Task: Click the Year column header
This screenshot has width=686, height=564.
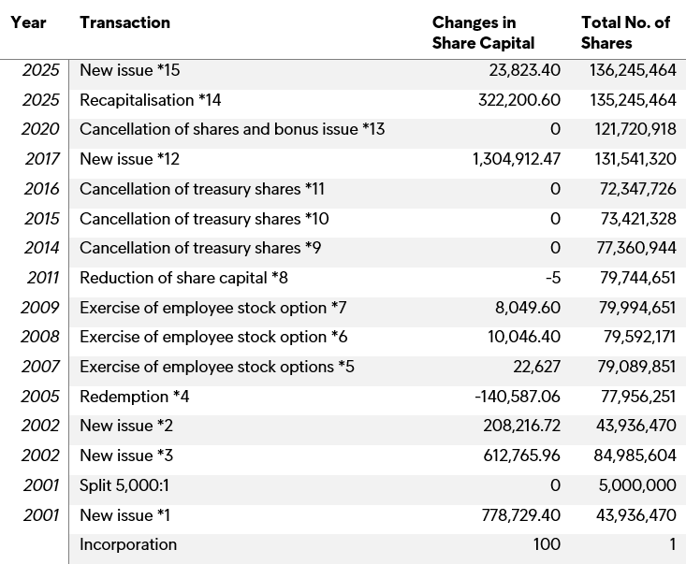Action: [29, 22]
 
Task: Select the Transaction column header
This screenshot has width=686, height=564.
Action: [125, 22]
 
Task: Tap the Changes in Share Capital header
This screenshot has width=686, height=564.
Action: [484, 33]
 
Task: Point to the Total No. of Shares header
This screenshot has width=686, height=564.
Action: [625, 33]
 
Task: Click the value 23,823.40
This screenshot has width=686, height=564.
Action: [525, 70]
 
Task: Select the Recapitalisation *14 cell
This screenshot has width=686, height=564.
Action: [151, 100]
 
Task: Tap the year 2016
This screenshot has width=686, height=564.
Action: [42, 189]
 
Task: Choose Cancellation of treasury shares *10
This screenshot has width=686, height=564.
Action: [204, 219]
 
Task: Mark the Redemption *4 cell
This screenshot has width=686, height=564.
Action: [135, 397]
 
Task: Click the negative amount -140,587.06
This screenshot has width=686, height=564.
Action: [518, 397]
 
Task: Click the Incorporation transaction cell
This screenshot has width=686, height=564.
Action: [128, 544]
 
